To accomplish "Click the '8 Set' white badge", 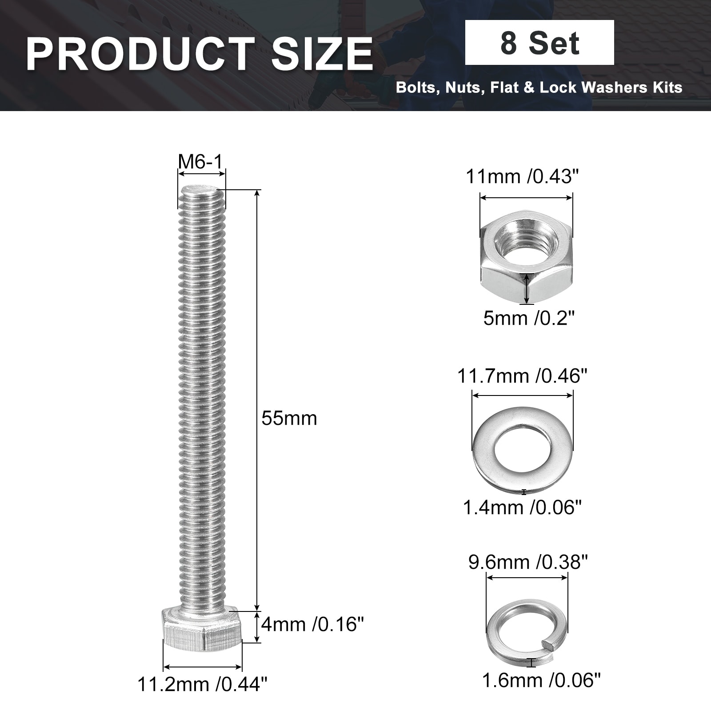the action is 539,43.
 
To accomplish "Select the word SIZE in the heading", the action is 322,54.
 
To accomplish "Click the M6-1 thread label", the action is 200,162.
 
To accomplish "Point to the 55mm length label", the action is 289,418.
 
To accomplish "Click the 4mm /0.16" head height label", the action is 312,624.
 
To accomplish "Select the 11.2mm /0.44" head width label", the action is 203,684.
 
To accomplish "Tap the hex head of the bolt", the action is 202,628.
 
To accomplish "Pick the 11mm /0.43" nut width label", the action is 523,176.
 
